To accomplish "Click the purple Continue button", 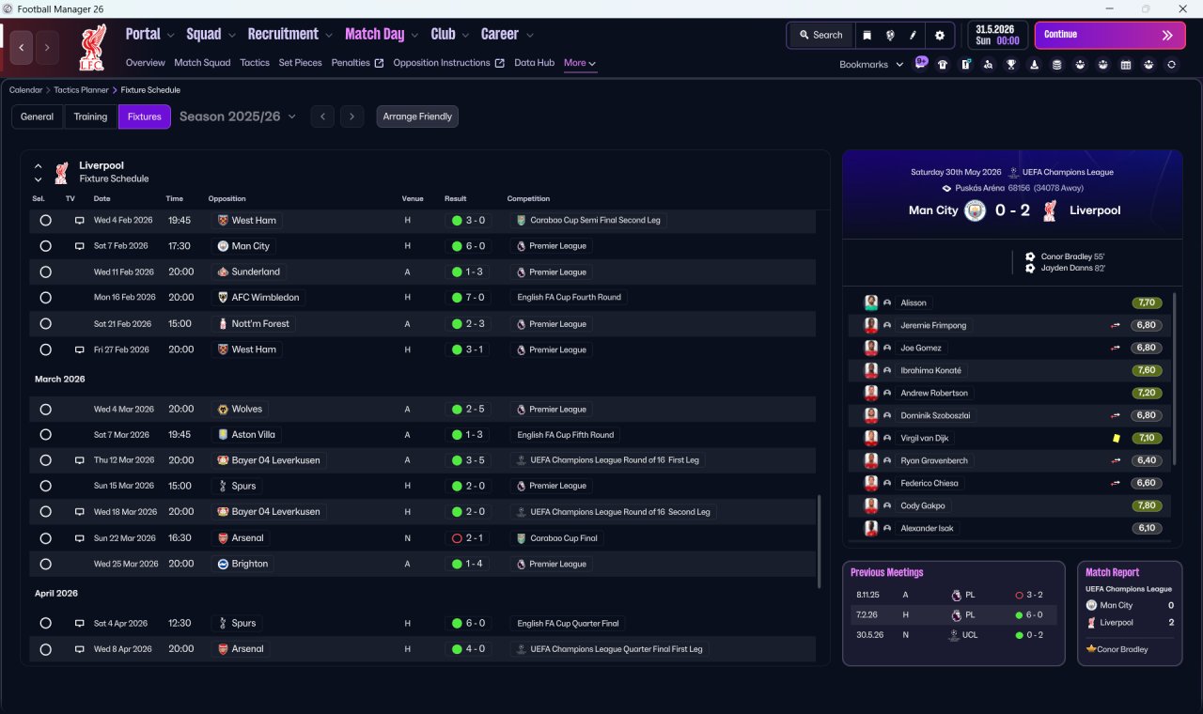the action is pyautogui.click(x=1110, y=35).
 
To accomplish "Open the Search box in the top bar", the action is pyautogui.click(x=820, y=35).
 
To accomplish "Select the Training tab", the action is pyautogui.click(x=90, y=116).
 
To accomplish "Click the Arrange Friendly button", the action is pyautogui.click(x=417, y=116).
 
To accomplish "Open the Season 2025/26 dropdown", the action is pyautogui.click(x=238, y=116).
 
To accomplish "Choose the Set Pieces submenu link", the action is pyautogui.click(x=300, y=63).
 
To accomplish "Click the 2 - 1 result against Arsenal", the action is pyautogui.click(x=467, y=538).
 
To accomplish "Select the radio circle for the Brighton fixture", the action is pyautogui.click(x=46, y=565).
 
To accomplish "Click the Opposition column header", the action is pyautogui.click(x=227, y=198).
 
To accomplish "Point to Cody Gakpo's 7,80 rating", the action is pyautogui.click(x=1147, y=505).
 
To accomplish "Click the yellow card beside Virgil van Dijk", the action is pyautogui.click(x=1116, y=438).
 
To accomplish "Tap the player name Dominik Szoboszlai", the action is pyautogui.click(x=935, y=415).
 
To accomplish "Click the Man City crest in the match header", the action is pyautogui.click(x=975, y=210).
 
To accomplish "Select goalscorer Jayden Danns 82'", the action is pyautogui.click(x=1072, y=268).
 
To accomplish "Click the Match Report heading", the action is pyautogui.click(x=1112, y=572).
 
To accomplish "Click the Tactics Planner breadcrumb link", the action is pyautogui.click(x=81, y=90).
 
